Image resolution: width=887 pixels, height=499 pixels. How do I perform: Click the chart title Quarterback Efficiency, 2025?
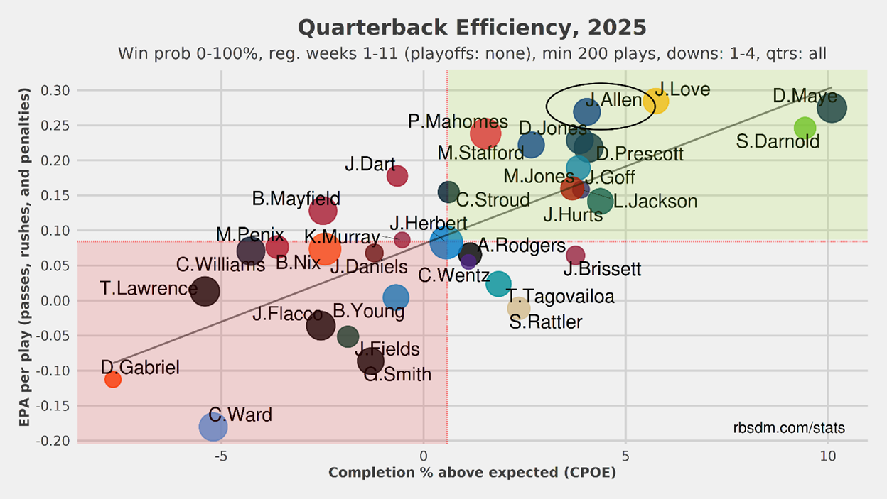click(472, 28)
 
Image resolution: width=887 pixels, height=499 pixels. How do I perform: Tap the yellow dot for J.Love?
click(655, 101)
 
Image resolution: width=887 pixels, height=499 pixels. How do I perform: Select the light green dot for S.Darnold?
click(805, 128)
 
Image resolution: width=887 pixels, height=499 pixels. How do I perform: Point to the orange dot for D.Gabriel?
click(112, 380)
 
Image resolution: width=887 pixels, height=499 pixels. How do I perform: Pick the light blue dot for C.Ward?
click(213, 427)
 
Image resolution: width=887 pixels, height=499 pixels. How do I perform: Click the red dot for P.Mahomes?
click(485, 133)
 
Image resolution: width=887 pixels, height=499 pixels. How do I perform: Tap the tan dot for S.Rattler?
click(519, 307)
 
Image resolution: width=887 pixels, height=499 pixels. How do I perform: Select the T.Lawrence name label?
click(149, 288)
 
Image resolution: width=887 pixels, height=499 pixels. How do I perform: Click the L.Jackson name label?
click(655, 202)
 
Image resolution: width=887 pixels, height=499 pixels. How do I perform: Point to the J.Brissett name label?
click(602, 270)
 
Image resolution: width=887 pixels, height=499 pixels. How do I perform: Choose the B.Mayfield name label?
click(296, 199)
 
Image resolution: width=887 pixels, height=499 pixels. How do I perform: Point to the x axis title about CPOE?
click(472, 473)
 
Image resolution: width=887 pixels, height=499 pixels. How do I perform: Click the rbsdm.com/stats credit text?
click(789, 428)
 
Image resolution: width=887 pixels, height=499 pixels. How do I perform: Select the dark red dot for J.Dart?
click(397, 176)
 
